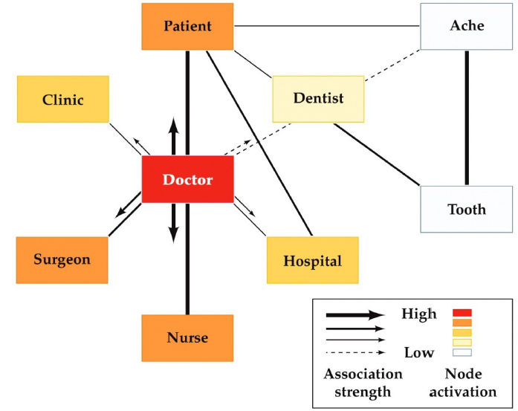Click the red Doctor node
(x=187, y=180)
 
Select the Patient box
(x=187, y=27)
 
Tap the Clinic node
(x=63, y=100)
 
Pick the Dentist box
(x=318, y=98)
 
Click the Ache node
(x=467, y=27)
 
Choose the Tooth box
(x=467, y=209)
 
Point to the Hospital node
(x=312, y=261)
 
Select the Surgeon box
(x=62, y=259)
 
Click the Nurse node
(x=187, y=338)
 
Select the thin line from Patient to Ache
(x=327, y=26)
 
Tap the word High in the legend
(x=418, y=314)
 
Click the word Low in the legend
(x=418, y=352)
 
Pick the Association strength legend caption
(x=363, y=383)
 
